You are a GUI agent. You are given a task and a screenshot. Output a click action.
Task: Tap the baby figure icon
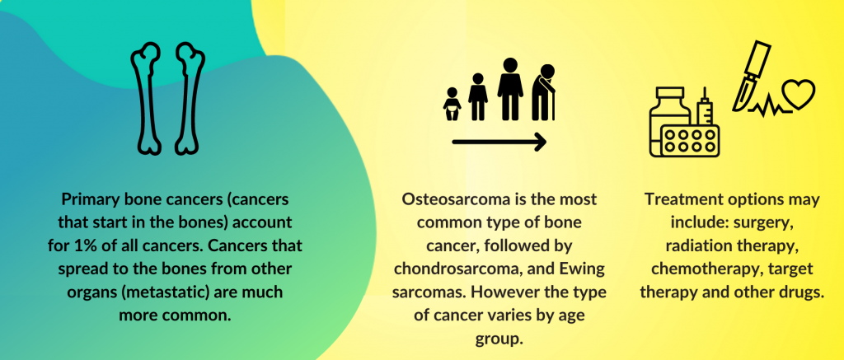point(452,105)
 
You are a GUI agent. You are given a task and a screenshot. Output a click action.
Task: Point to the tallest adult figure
point(510,89)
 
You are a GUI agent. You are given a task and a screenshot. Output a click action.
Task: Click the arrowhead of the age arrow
point(538,143)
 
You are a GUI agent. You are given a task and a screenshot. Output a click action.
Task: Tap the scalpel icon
point(752,75)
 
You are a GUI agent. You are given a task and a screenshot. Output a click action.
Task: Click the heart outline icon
point(798,93)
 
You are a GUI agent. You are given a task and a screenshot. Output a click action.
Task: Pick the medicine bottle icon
point(669,121)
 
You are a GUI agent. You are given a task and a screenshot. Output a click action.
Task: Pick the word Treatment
point(681,199)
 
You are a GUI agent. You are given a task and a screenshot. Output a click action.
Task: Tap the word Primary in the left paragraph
point(87,199)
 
